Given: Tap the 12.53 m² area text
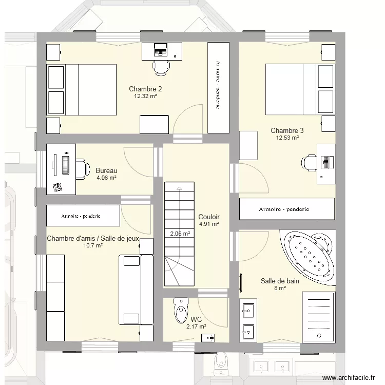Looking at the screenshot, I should click(x=287, y=138).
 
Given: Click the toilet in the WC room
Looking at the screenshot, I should click(x=181, y=309).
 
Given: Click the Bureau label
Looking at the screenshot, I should click(x=107, y=171).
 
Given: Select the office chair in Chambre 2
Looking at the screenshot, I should click(x=161, y=66).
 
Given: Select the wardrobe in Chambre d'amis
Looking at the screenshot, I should click(x=83, y=216).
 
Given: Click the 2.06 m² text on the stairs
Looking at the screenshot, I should click(x=180, y=234).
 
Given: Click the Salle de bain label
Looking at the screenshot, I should click(x=280, y=281).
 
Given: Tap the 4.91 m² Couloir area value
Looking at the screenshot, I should click(x=209, y=224).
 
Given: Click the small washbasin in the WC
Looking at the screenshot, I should click(x=208, y=337).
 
